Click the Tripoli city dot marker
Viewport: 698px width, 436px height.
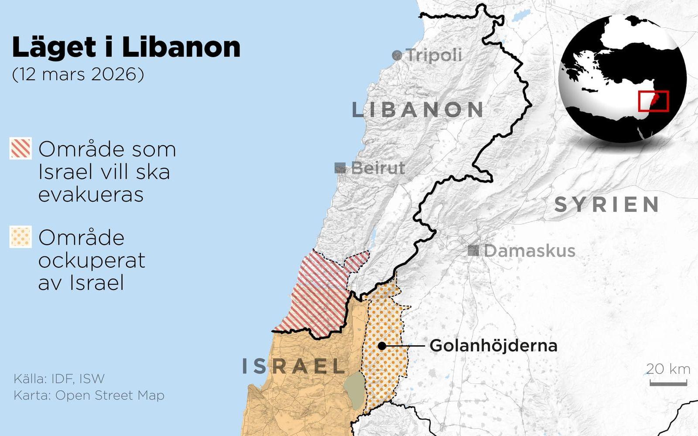(x=397, y=55)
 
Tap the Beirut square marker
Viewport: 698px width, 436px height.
(x=340, y=168)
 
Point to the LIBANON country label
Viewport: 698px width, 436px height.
(x=418, y=110)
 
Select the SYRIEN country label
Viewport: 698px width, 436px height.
(x=607, y=204)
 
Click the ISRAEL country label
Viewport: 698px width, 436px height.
(x=294, y=366)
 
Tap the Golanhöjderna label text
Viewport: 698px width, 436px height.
(x=493, y=346)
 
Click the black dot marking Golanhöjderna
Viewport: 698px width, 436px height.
(x=382, y=346)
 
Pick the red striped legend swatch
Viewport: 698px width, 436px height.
(x=21, y=148)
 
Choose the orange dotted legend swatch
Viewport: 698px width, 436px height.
(x=21, y=237)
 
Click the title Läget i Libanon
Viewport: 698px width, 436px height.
(x=126, y=47)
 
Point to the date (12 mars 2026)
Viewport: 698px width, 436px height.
(x=78, y=74)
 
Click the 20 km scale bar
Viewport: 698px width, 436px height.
(x=668, y=383)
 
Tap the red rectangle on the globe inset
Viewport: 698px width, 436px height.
(x=653, y=101)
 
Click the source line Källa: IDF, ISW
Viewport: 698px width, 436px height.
(x=59, y=378)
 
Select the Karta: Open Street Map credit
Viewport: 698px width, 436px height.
(x=89, y=395)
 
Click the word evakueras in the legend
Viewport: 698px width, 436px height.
(x=91, y=194)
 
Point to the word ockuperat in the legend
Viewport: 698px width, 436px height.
(x=92, y=260)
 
